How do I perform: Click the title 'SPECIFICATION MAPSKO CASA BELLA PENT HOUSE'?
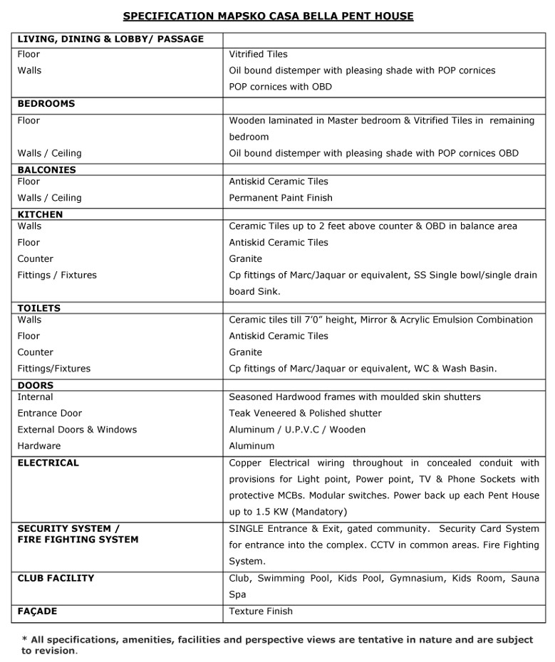point(268,16)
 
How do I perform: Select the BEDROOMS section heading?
point(46,104)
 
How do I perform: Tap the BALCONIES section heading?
point(46,170)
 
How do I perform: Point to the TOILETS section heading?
point(39,308)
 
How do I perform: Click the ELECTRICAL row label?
point(48,463)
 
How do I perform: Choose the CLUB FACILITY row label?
point(56,578)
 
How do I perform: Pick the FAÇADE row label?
point(37,611)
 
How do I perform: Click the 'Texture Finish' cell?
point(261,611)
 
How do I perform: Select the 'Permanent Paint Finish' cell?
point(281,198)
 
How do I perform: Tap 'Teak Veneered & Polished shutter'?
point(305,413)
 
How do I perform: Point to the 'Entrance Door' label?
point(50,413)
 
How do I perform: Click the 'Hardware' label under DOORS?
point(39,446)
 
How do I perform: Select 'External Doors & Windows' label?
point(77,429)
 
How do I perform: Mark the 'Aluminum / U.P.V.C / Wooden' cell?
point(297,429)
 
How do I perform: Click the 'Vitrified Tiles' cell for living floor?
point(258,54)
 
